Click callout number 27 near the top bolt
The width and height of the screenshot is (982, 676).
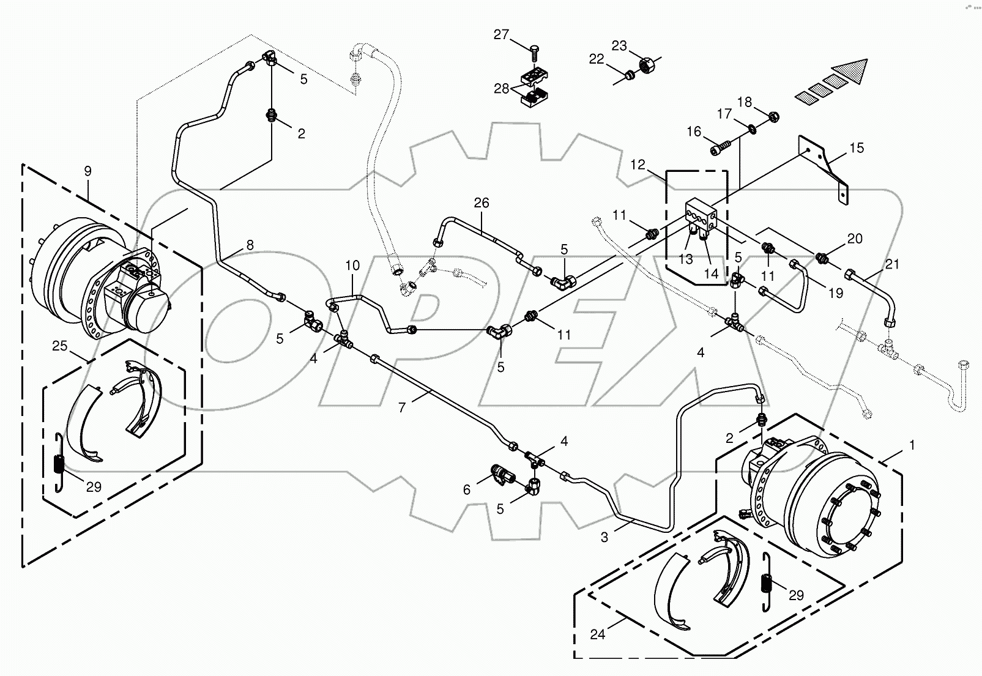[501, 35]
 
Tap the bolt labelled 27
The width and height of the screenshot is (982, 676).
[534, 54]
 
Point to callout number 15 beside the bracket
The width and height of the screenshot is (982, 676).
[857, 148]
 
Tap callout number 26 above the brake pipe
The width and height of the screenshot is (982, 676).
[482, 202]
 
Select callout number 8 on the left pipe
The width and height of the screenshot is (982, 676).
[250, 245]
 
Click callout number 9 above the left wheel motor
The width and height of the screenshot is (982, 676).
[88, 171]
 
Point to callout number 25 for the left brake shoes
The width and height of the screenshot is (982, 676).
[59, 346]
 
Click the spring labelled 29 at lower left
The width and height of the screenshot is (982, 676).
[59, 466]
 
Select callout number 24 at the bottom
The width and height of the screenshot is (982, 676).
[598, 634]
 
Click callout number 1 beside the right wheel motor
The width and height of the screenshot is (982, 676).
[912, 445]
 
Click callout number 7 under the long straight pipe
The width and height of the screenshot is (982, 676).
[402, 407]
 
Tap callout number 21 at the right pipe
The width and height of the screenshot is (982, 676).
[893, 264]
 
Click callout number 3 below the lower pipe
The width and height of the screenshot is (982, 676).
[604, 537]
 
